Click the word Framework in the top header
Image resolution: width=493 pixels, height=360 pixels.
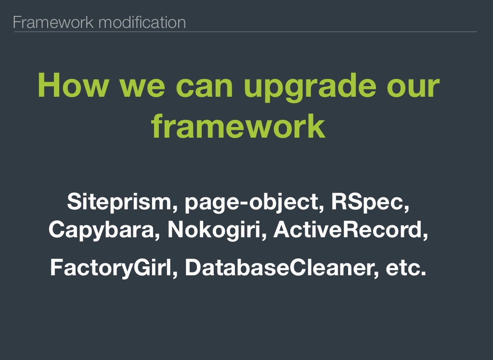(53, 22)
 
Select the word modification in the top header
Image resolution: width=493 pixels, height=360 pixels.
(142, 22)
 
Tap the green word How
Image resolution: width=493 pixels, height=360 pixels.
(73, 85)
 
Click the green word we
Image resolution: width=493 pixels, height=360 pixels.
(142, 89)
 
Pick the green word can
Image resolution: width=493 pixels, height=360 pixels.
(204, 89)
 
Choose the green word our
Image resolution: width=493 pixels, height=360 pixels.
(413, 89)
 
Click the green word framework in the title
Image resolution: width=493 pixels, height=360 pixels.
(238, 126)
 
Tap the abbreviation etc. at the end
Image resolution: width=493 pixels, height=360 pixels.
(406, 268)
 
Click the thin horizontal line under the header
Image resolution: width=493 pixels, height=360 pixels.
(246, 32)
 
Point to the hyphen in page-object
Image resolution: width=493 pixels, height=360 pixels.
(244, 203)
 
